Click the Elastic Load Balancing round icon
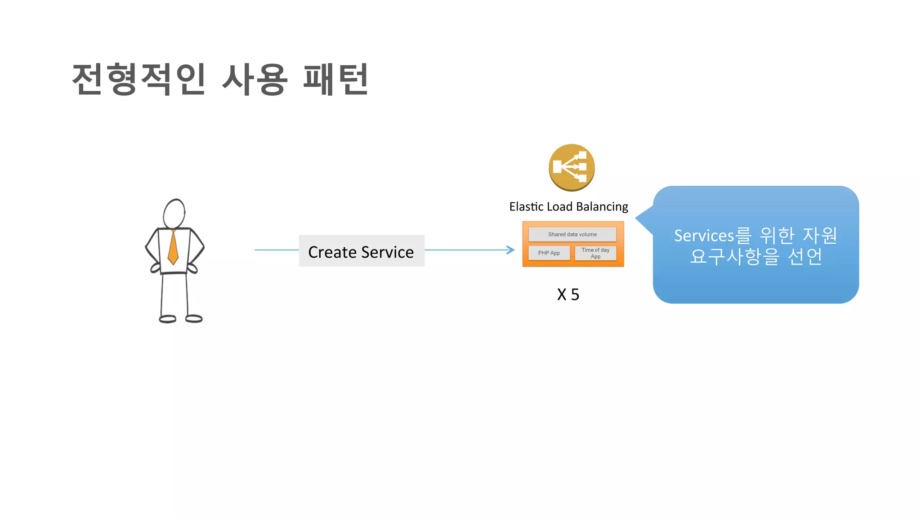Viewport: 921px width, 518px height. click(x=572, y=167)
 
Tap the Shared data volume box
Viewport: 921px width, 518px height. click(x=572, y=234)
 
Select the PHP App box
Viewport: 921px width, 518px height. click(x=549, y=253)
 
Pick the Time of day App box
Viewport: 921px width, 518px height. click(x=595, y=253)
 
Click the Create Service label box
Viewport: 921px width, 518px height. click(x=362, y=251)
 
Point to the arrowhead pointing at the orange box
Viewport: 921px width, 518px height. click(x=511, y=250)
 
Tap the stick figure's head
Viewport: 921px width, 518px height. click(x=174, y=214)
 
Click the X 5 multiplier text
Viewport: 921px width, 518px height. click(x=568, y=295)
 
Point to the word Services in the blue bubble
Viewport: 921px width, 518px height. click(x=704, y=236)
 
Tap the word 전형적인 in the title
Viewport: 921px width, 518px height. click(x=139, y=79)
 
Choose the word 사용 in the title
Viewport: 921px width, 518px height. click(x=255, y=79)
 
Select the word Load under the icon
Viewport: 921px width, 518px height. click(x=559, y=206)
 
